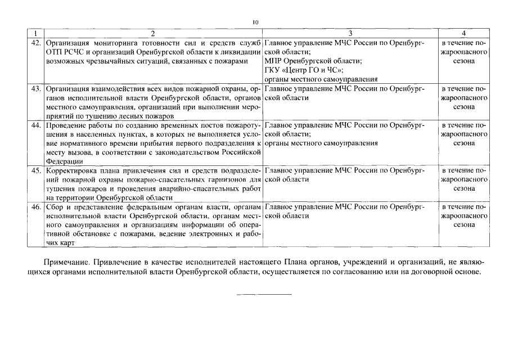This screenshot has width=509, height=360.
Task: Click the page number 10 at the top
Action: click(255, 22)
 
